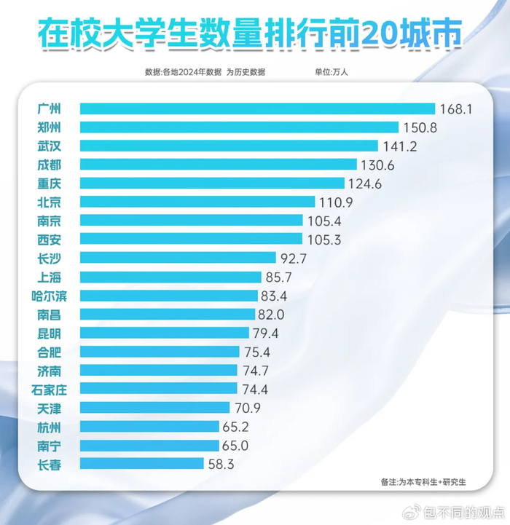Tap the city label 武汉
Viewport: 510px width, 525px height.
click(x=49, y=146)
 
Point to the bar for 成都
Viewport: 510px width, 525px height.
click(x=218, y=165)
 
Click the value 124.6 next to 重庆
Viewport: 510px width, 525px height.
click(x=366, y=183)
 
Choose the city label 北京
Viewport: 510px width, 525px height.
click(x=49, y=202)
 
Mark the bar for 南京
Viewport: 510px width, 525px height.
click(x=191, y=220)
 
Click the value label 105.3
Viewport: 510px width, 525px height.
click(x=323, y=239)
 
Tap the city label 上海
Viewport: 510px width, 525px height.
click(x=49, y=277)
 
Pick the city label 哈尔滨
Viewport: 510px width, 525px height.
click(x=53, y=295)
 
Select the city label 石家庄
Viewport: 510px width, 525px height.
click(x=53, y=388)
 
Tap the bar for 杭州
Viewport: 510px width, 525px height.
click(x=149, y=426)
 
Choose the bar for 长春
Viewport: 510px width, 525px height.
click(x=141, y=463)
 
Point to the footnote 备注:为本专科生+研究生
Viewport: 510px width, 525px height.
click(x=423, y=482)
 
